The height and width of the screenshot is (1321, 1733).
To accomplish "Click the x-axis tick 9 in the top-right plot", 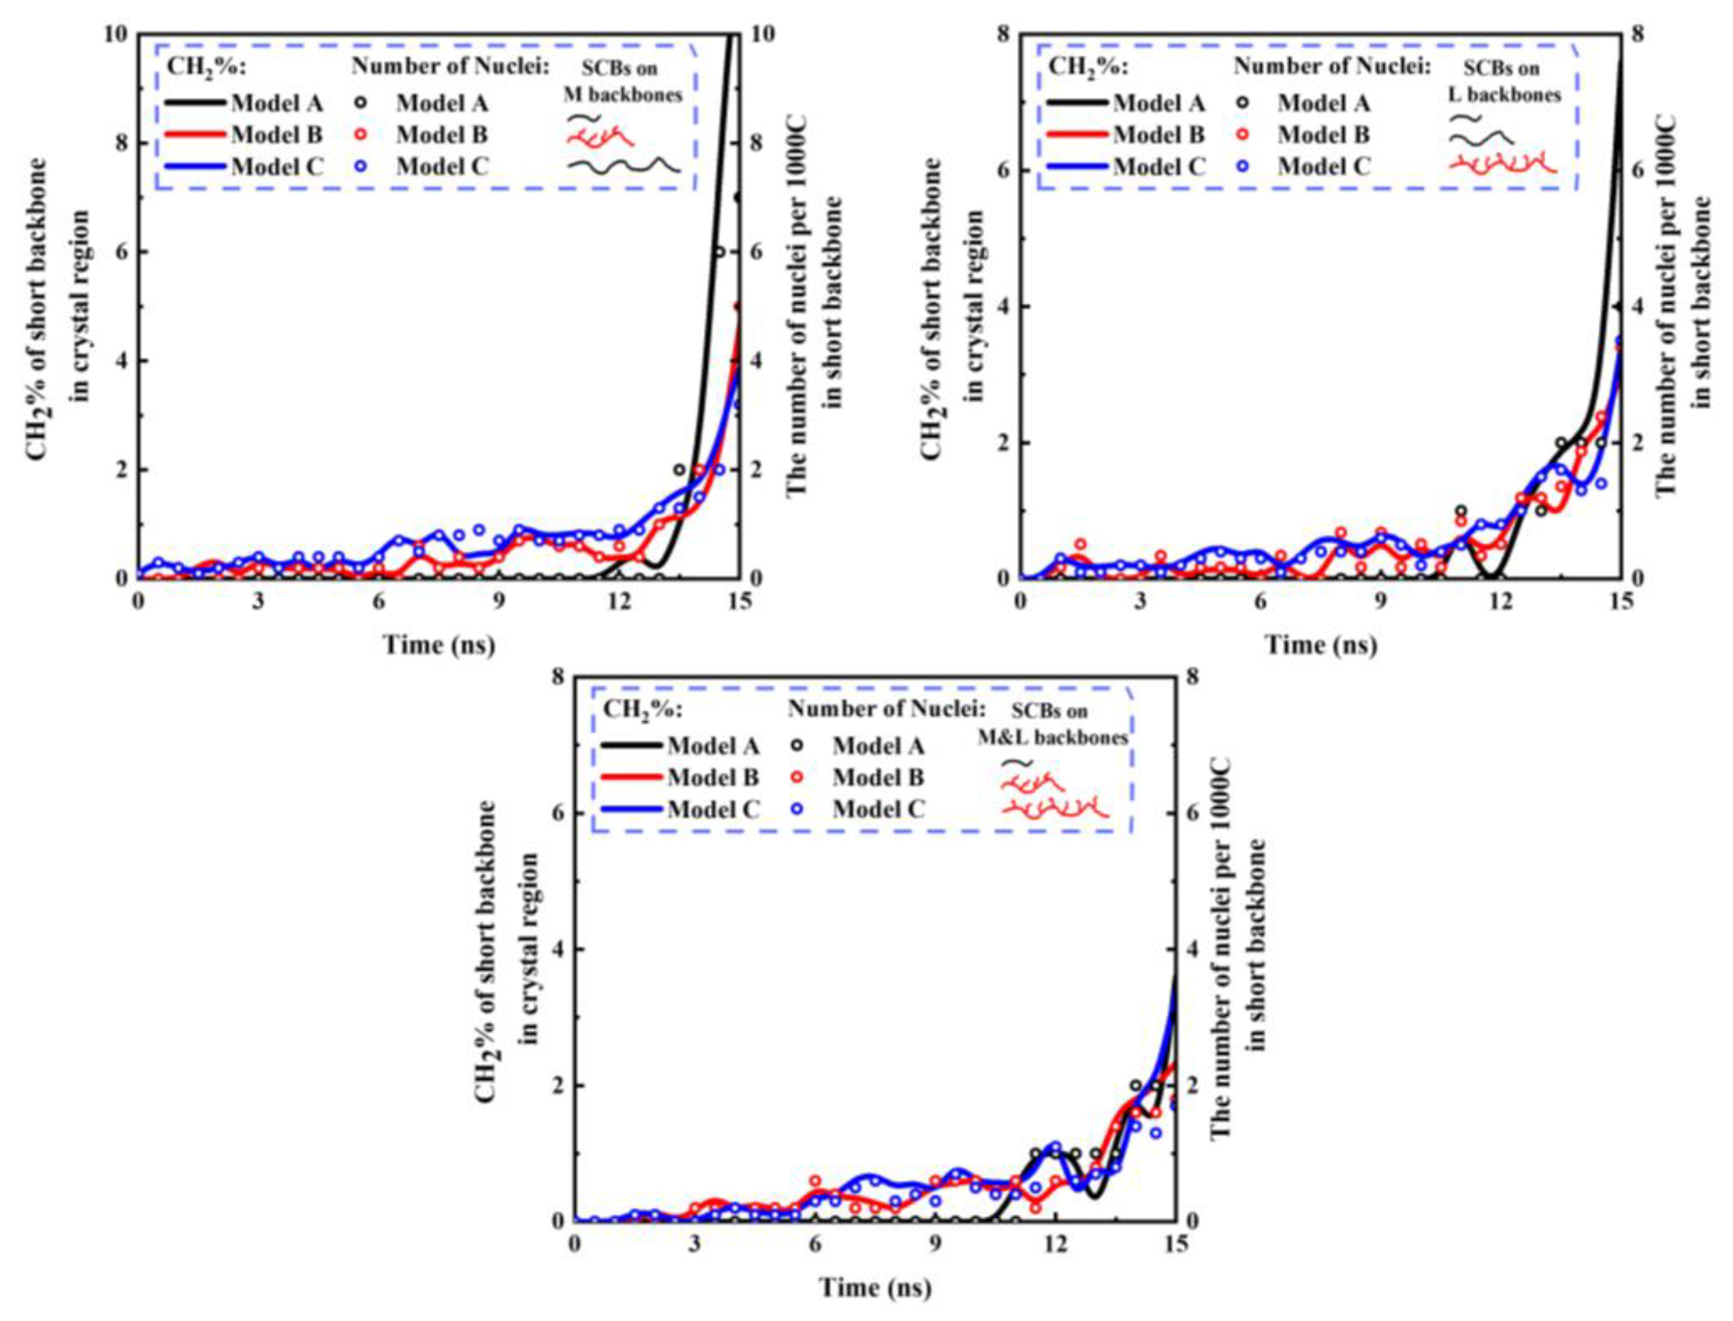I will coord(1380,601).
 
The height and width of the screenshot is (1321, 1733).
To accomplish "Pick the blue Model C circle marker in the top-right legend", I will coord(1244,166).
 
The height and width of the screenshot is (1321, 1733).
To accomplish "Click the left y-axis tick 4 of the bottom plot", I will coord(557,949).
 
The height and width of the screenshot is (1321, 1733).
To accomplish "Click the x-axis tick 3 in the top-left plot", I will coord(258,601).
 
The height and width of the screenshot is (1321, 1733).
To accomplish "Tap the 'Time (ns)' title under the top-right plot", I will coord(1321,644).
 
